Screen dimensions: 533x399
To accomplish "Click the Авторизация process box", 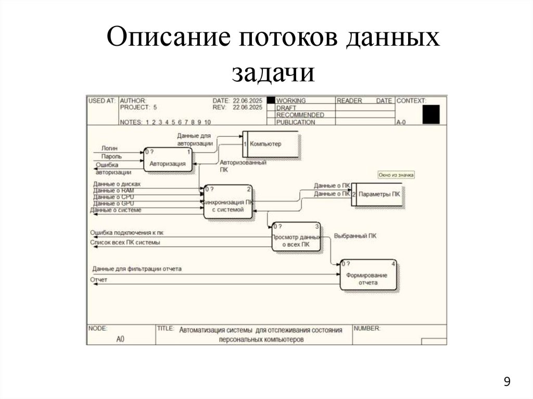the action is click(168, 160).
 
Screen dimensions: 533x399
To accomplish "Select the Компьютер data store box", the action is click(269, 144).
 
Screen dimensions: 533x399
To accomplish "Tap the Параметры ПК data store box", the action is click(378, 194).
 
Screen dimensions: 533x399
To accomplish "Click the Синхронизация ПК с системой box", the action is click(228, 202).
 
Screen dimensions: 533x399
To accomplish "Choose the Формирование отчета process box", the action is click(368, 275).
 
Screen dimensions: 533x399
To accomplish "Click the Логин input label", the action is click(109, 148).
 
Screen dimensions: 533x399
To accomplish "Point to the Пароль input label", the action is click(111, 156).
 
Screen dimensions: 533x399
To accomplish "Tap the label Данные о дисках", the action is click(117, 184).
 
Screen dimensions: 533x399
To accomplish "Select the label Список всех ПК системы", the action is click(125, 242).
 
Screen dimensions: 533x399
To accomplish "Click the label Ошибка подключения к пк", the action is click(126, 233).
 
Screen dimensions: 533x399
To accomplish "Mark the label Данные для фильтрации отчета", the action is click(137, 269).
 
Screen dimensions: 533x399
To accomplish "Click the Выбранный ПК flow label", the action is click(355, 236).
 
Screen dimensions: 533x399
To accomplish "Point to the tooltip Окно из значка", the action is click(396, 175).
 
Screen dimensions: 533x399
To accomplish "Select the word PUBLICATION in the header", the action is click(295, 122).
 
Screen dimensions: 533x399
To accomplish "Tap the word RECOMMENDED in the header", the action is click(300, 115).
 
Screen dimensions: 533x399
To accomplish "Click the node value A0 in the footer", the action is click(120, 339).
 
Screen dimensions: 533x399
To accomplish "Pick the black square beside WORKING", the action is click(271, 100).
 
